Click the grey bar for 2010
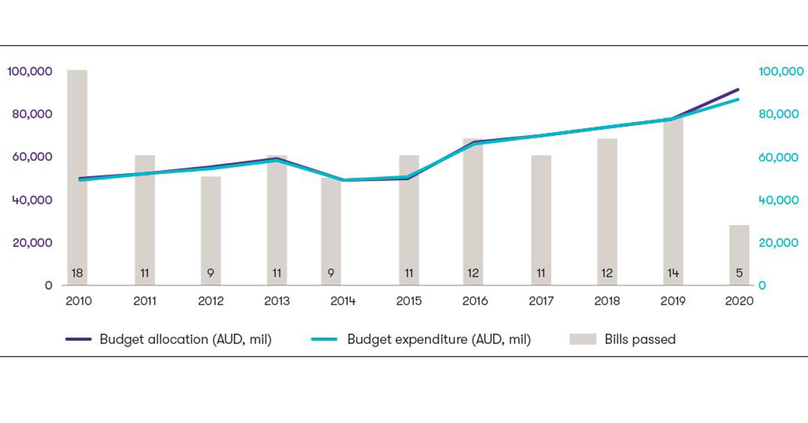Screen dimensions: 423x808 [77, 168]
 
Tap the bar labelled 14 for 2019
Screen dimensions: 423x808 [673, 202]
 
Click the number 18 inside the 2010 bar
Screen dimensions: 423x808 [77, 273]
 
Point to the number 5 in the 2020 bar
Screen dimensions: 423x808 [739, 273]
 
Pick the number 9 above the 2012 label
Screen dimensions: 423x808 [210, 273]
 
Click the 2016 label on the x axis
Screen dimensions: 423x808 [475, 301]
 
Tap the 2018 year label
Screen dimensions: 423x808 [607, 301]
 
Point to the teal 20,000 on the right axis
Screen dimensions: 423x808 [780, 242]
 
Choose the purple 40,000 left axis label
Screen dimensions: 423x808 [32, 200]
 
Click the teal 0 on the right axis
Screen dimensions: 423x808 [762, 286]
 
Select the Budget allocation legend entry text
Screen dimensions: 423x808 [185, 339]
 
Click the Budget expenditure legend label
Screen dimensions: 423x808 [438, 339]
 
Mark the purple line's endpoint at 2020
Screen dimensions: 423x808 [738, 89]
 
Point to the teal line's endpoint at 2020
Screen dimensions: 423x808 [738, 100]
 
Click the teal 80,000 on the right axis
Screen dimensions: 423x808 [780, 115]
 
